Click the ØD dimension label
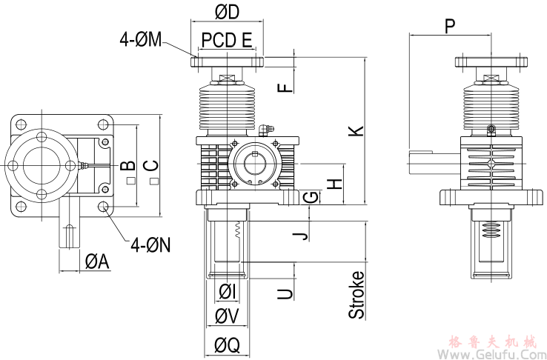pos(228,13)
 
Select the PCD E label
pos(227,39)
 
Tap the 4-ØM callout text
pos(141,39)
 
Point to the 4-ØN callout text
pos(150,243)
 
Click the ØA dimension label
pos(96,261)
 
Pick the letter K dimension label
pos(357,130)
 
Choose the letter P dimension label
pos(450,27)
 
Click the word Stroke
pos(357,295)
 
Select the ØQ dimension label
pos(227,345)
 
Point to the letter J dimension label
pos(299,236)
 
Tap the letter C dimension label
pos(151,166)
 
